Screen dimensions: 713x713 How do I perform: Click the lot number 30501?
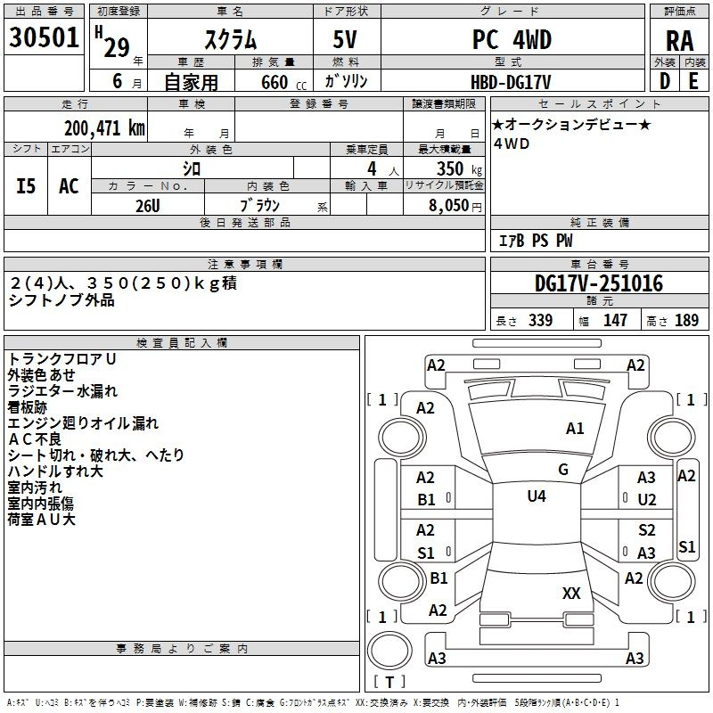pos(44,37)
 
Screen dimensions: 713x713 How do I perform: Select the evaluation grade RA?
pos(680,41)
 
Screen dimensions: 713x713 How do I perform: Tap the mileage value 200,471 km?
pos(104,127)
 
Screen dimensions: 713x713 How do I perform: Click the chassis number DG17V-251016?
pos(599,283)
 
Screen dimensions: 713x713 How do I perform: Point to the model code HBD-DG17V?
pos(511,82)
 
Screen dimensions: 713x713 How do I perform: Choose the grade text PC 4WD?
pos(512,39)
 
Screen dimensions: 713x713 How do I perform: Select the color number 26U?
pos(148,206)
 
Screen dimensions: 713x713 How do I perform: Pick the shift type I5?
pos(26,186)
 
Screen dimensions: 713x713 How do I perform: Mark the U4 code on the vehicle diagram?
pos(537,496)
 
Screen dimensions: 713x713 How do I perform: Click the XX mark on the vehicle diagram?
pos(571,593)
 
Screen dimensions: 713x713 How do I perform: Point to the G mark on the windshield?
pos(563,470)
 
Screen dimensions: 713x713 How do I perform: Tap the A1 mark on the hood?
pos(575,429)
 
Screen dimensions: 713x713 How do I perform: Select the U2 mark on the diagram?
pos(647,500)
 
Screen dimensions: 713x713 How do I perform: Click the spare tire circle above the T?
pos(389,651)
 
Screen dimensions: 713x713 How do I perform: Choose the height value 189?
pos(686,320)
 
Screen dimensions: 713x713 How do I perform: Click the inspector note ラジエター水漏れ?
pos(62,391)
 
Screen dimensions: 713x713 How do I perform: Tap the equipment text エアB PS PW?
pos(536,241)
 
